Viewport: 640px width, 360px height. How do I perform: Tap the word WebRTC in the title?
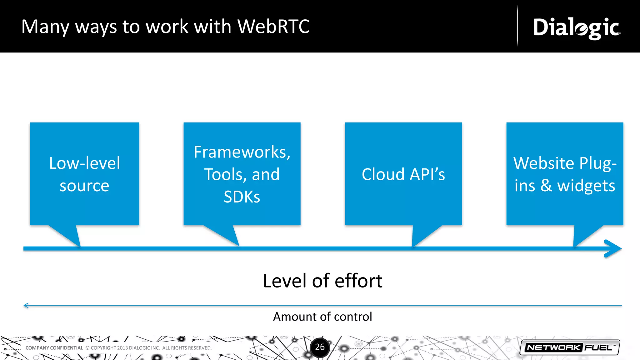point(273,27)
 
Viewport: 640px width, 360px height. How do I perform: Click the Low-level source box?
point(84,174)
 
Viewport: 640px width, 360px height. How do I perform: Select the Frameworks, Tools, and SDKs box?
point(242,174)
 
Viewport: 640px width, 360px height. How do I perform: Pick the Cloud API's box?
point(403,174)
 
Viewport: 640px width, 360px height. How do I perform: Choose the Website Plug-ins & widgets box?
point(565,174)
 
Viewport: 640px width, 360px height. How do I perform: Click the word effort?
point(358,281)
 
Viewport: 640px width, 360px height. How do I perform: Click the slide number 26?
point(320,347)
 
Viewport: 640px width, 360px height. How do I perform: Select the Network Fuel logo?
point(570,347)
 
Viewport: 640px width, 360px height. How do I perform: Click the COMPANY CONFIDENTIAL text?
point(54,348)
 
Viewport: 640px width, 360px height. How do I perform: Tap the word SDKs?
point(242,197)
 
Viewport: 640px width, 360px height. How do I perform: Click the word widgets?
point(586,186)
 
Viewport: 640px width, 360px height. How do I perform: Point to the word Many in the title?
point(45,27)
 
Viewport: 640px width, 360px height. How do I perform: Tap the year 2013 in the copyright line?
point(122,348)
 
